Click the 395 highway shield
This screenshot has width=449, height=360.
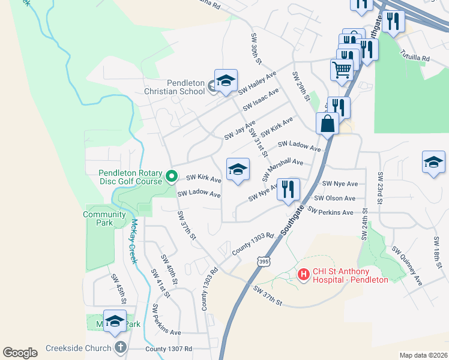pos(262,262)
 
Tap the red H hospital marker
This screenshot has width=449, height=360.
pos(304,275)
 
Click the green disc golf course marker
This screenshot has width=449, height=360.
pos(171,176)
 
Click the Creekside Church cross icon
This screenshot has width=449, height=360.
pos(121,348)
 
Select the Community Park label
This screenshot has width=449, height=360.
pos(98,218)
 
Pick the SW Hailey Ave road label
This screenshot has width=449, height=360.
pos(257,83)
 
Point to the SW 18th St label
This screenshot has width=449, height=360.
pos(438,252)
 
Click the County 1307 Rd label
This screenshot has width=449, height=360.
pos(169,349)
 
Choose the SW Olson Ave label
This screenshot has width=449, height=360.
pos(335,198)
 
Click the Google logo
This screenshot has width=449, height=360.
pos(20,353)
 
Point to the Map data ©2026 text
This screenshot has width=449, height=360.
pos(423,355)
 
